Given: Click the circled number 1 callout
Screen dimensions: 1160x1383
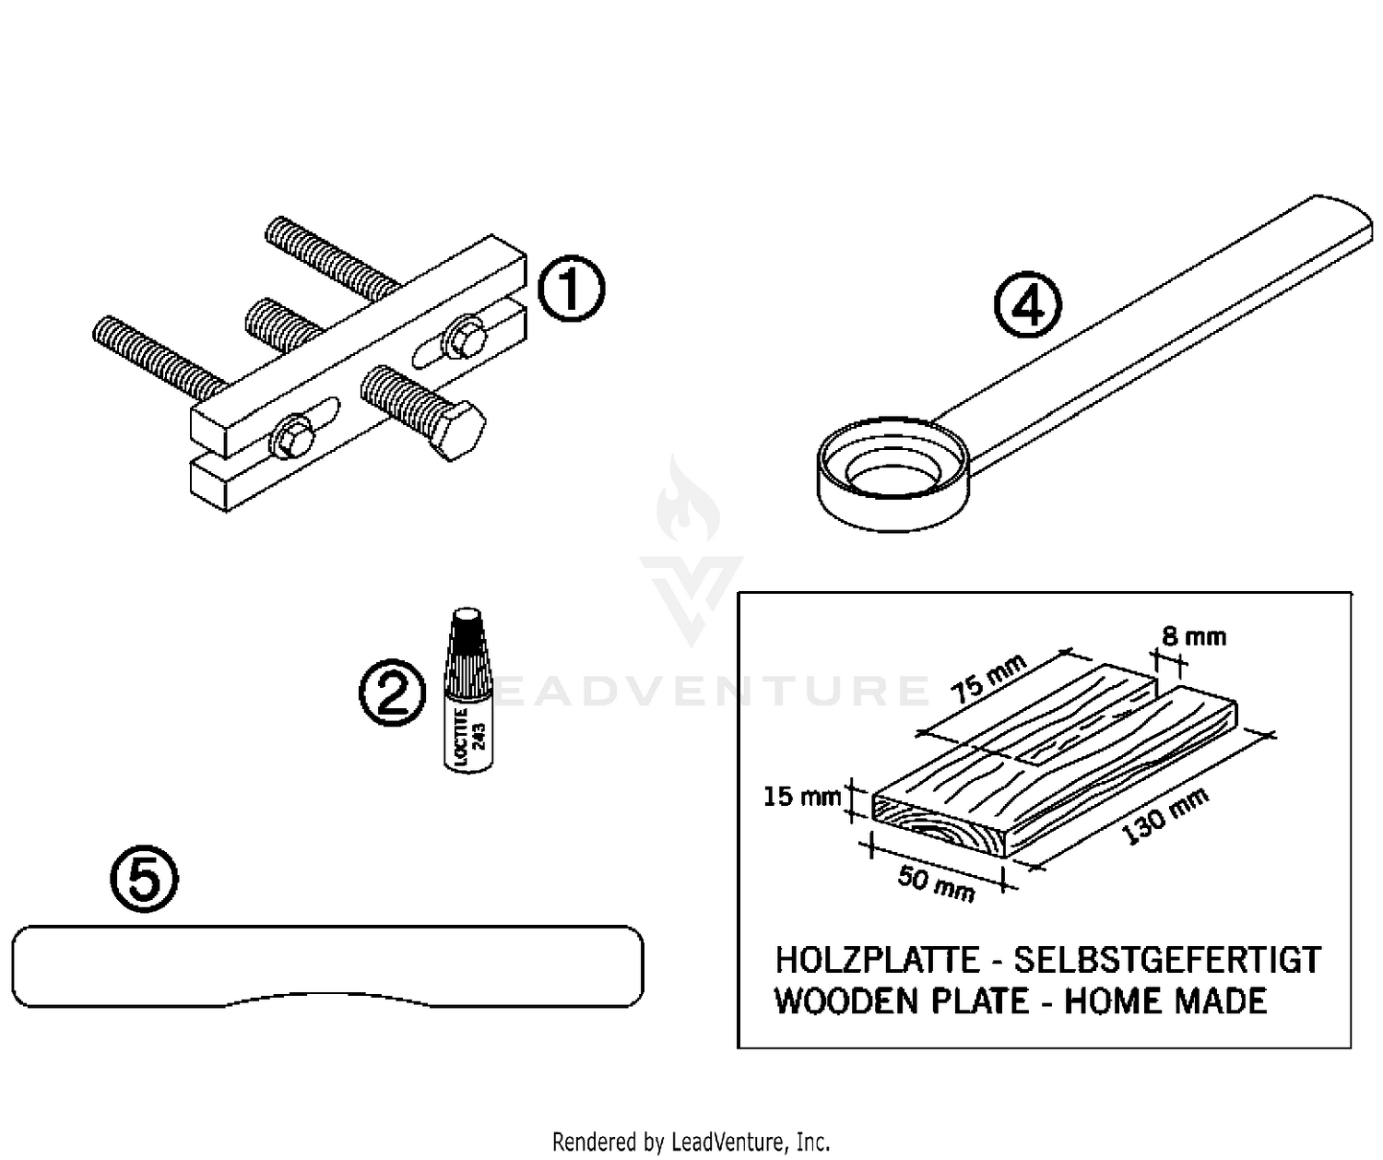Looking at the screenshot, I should click(x=571, y=290).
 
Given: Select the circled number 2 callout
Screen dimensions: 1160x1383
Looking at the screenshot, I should click(x=393, y=694).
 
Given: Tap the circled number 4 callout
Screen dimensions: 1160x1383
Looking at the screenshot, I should click(x=1027, y=306).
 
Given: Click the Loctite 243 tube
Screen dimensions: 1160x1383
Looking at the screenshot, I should click(x=467, y=692).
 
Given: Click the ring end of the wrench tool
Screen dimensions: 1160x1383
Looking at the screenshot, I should click(x=892, y=474).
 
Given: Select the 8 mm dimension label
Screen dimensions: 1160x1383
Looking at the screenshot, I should click(x=1193, y=636).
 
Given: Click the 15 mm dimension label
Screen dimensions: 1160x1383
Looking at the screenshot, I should click(x=801, y=796).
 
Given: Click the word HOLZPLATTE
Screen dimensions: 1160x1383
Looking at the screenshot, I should click(x=876, y=960).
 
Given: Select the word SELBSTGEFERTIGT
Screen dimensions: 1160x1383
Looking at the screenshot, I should click(x=1166, y=960).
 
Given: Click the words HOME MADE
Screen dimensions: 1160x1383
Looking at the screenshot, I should click(x=1165, y=1001).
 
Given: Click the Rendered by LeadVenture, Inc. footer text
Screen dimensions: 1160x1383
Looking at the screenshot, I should click(x=691, y=1142).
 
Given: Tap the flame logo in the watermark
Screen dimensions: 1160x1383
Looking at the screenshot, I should click(x=688, y=503).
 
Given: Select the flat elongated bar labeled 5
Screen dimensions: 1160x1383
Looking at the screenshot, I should click(x=327, y=964).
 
